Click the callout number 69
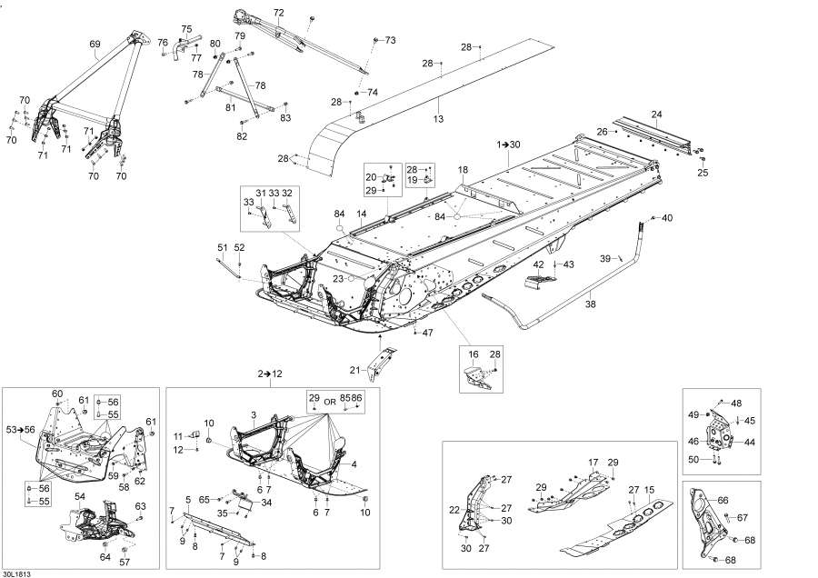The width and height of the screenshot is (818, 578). tap(95, 45)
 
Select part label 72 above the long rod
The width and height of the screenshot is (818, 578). tap(279, 13)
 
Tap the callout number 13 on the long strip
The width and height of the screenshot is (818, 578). tap(438, 119)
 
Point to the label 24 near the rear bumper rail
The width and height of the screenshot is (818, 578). tap(657, 115)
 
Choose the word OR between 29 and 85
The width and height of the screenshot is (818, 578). tap(330, 403)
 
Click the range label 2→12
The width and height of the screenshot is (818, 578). tap(270, 374)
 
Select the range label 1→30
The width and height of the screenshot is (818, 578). tap(508, 144)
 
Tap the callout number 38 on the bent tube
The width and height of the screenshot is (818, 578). tap(590, 304)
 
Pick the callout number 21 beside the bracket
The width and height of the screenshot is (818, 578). tap(354, 371)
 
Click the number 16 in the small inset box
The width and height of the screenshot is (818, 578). tap(474, 354)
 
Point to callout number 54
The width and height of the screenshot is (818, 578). tap(80, 496)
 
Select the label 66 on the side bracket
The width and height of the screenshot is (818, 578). tap(723, 500)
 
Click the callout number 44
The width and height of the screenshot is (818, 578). tap(749, 442)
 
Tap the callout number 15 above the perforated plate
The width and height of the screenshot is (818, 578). tap(649, 490)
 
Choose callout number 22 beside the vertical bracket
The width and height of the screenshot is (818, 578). tap(455, 509)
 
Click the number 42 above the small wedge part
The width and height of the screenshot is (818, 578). tap(538, 265)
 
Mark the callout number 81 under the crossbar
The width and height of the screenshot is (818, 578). tap(231, 107)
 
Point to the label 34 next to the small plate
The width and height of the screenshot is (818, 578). tap(266, 503)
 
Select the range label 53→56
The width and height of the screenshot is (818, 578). tap(20, 430)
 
